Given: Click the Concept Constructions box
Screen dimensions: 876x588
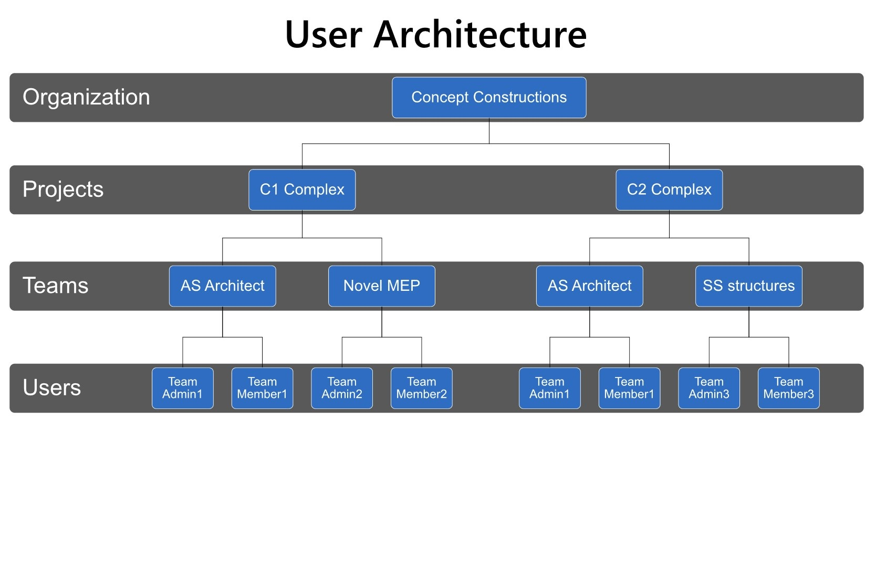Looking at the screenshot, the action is pos(489,97).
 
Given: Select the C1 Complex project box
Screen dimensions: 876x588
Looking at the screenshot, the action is pos(302,190).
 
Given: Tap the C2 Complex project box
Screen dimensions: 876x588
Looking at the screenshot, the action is pos(669,190).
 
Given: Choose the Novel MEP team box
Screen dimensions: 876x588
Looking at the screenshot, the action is pos(382,286).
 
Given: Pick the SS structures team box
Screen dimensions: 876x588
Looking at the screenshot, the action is pos(749,286).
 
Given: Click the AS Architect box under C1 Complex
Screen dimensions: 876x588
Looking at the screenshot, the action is pos(223,286).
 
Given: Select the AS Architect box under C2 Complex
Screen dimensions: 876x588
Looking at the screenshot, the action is pos(590,286).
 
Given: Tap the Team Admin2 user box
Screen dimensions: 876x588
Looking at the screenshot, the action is pos(342,388).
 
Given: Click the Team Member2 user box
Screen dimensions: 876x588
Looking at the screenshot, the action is pos(422,388).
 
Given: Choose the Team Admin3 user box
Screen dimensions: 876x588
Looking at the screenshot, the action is pos(709,388).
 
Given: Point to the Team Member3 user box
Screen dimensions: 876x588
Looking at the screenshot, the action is pos(789,388).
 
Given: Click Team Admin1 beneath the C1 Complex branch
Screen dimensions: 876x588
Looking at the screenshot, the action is pos(183,388).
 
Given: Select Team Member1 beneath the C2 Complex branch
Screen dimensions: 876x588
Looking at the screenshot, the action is pos(630,388).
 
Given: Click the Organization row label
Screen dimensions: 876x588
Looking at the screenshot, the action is pos(87,97).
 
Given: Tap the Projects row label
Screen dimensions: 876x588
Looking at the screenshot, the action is pos(63,190).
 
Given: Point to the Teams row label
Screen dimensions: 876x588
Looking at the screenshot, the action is pos(56,286).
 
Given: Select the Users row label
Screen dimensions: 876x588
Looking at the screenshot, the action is pos(51,387).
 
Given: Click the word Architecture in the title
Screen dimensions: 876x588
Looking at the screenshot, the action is pos(480,35).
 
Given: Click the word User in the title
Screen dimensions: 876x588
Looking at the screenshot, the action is pos(324,35).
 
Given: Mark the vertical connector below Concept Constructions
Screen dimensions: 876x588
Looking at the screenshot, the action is pos(489,131).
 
